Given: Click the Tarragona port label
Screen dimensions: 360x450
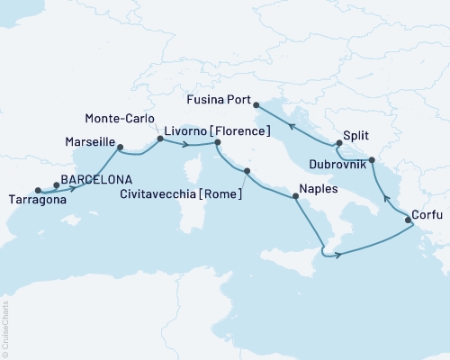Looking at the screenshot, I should pos(37,201).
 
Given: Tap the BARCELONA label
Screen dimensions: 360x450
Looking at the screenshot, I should pos(94,178).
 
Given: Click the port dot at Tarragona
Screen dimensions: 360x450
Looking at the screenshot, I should pos(38,190).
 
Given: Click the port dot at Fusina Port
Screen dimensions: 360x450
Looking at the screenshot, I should pos(256,103).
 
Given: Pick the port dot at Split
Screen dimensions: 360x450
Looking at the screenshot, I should pos(338,142).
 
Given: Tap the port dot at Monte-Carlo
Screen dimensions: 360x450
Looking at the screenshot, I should pos(160,139).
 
